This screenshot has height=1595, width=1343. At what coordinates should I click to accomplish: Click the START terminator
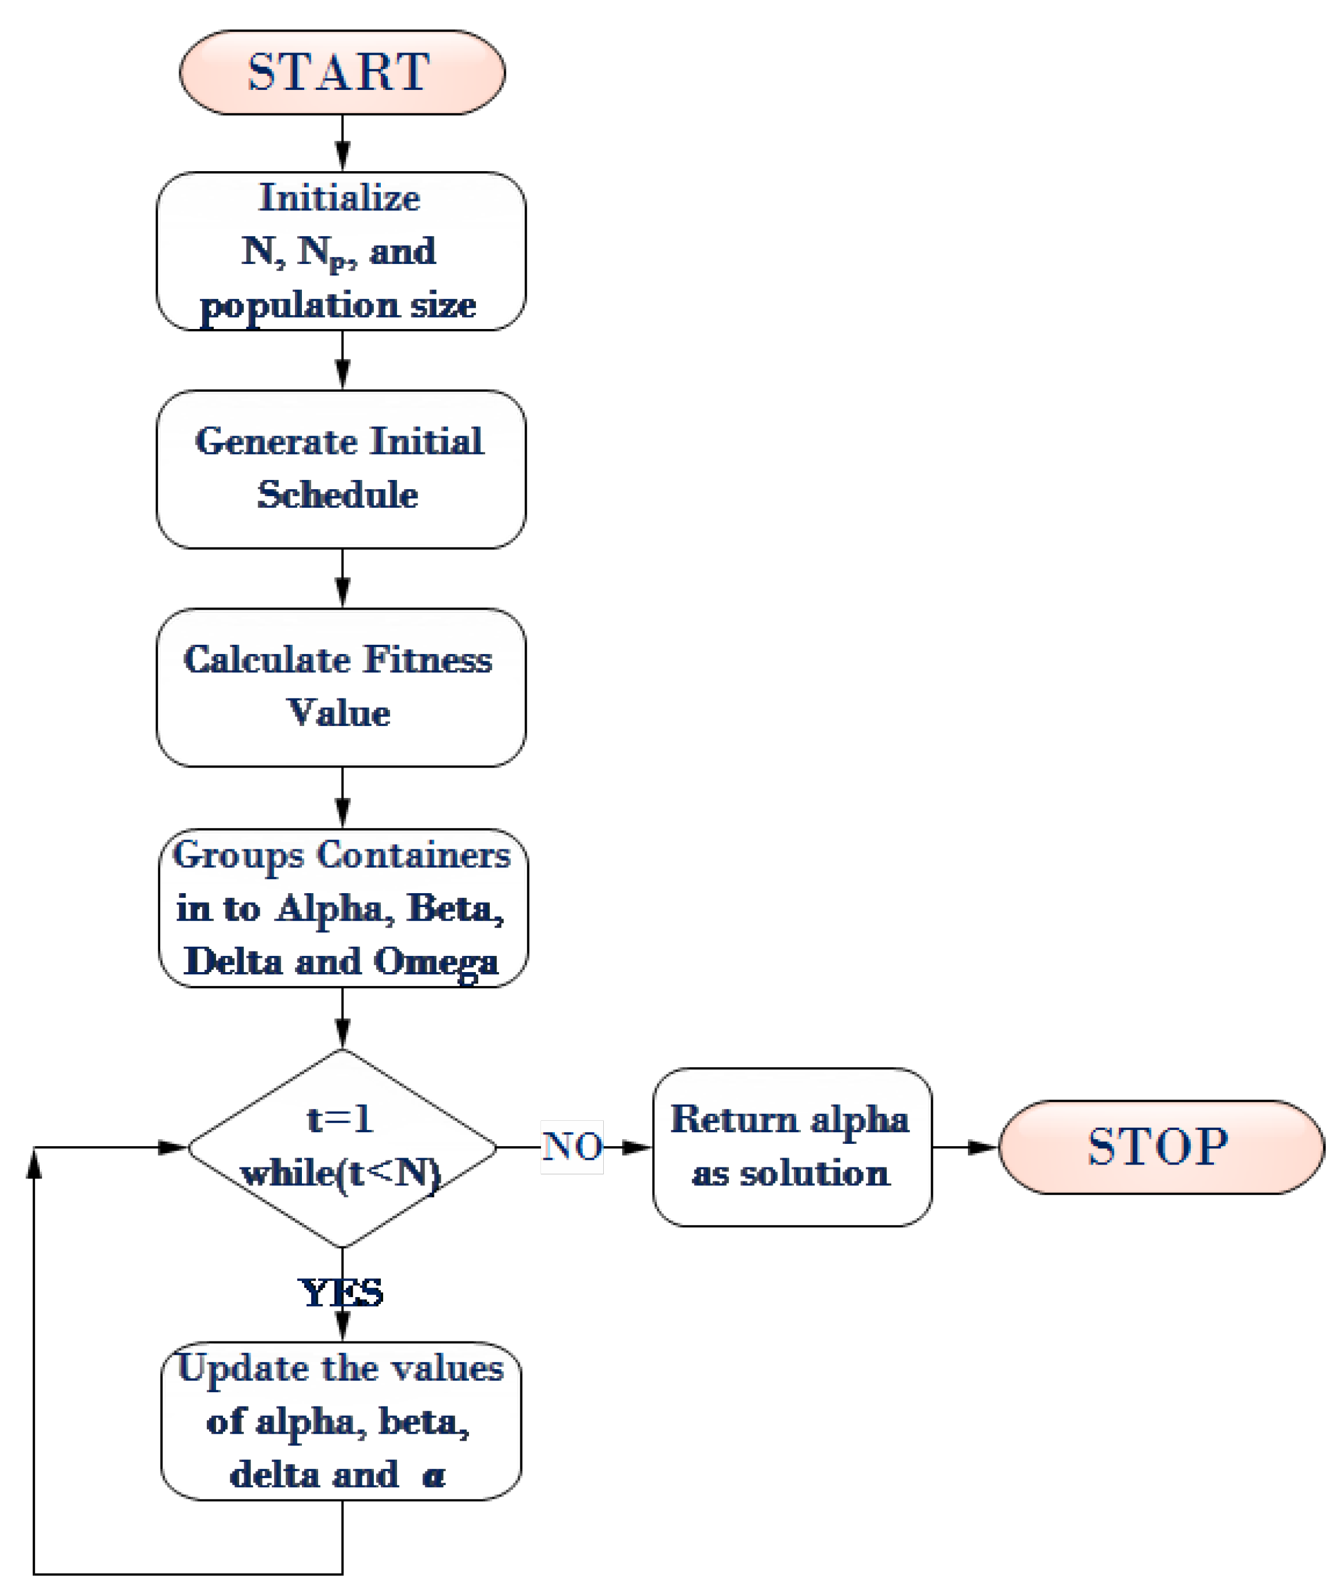(x=342, y=73)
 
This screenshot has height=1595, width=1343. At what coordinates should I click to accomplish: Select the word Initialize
(x=339, y=198)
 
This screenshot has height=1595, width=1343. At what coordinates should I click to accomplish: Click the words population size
(x=338, y=306)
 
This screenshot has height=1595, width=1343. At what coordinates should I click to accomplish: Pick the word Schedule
(x=338, y=495)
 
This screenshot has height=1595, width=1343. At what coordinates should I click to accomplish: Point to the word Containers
(x=414, y=855)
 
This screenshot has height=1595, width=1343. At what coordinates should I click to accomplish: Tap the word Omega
(x=436, y=962)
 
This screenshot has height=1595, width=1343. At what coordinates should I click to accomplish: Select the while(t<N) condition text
(x=341, y=1173)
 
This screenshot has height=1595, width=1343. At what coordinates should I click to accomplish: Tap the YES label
(x=341, y=1292)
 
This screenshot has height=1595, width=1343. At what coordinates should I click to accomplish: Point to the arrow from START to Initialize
(x=343, y=145)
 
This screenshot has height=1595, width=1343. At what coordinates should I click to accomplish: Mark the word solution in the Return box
(x=815, y=1173)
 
